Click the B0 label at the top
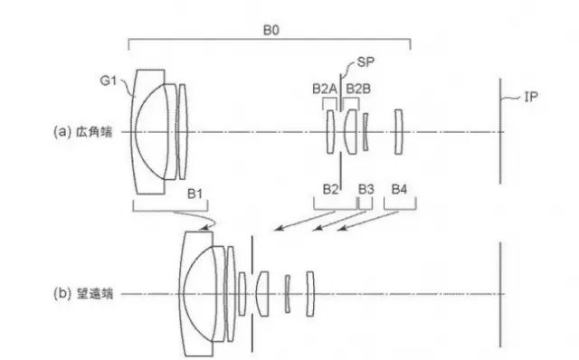point(271,30)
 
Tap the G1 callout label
point(109,81)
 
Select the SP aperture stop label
point(365,62)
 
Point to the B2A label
point(325,89)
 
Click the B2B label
point(358,89)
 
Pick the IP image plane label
point(531,97)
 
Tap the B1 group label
point(195,194)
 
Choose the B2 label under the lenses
point(330,189)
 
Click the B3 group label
point(365,189)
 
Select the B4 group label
point(399,189)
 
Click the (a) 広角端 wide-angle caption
point(82,132)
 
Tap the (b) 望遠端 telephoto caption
point(82,294)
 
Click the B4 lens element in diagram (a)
point(398,131)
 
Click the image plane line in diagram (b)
point(500,294)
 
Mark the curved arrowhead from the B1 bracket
point(204,228)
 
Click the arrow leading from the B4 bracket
point(368,221)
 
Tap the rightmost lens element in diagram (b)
point(310,294)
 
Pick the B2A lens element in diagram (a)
point(330,131)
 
